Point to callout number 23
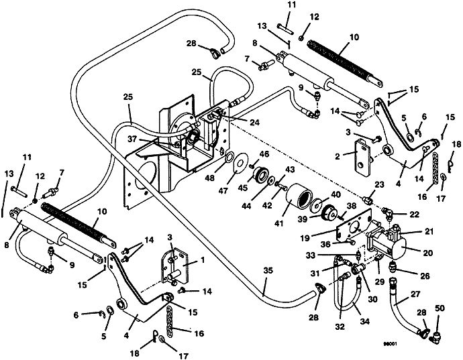(x=379, y=184)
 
